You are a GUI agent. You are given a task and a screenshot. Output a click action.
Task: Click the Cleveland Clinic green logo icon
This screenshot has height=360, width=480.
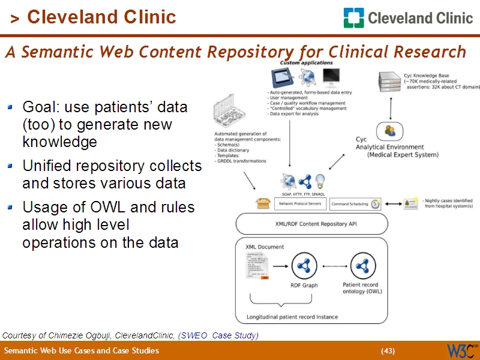tap(353, 17)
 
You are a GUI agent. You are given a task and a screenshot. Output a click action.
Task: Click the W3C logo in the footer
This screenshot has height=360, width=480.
tap(460, 350)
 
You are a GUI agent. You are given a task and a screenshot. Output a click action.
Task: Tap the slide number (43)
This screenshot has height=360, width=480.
tap(388, 351)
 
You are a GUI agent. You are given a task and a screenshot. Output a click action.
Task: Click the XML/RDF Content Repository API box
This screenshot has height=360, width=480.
tap(311, 223)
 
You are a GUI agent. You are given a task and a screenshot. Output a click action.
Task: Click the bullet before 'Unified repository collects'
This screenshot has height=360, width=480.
tap(10, 166)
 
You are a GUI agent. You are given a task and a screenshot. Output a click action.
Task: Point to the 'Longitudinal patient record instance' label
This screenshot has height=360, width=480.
tap(292, 317)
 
